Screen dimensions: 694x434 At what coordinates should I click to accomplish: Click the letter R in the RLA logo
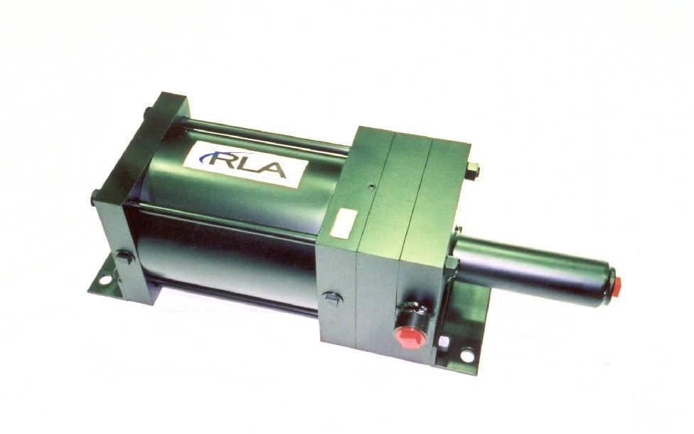point(221,160)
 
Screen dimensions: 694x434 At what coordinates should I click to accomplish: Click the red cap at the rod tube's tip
point(617,282)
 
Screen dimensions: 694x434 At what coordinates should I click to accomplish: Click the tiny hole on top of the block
point(373,186)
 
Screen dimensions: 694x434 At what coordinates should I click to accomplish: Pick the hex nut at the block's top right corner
point(474,172)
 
